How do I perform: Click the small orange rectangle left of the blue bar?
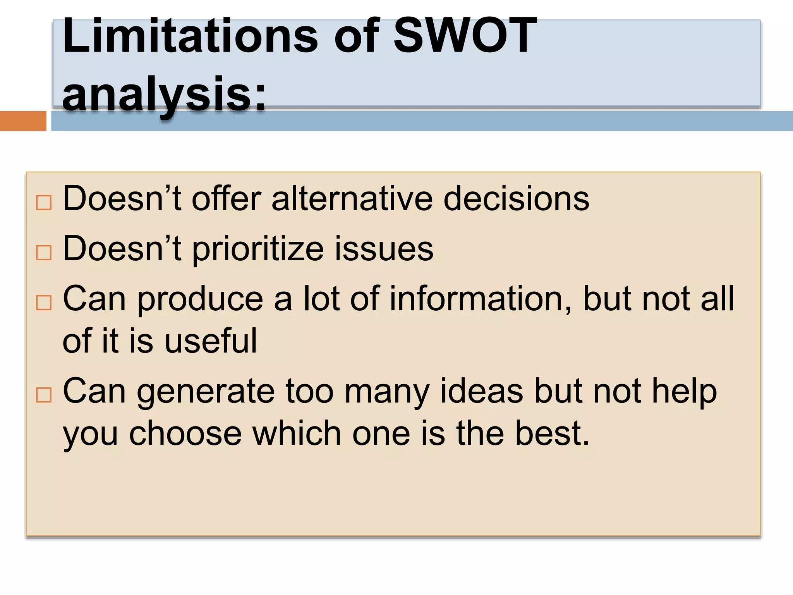pos(23,121)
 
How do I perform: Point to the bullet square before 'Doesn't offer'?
pos(43,202)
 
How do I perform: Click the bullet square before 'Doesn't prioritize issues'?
pos(43,253)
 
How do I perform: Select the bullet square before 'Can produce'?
pos(43,303)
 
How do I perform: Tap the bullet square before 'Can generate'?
pos(43,395)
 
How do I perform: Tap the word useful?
pos(211,341)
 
